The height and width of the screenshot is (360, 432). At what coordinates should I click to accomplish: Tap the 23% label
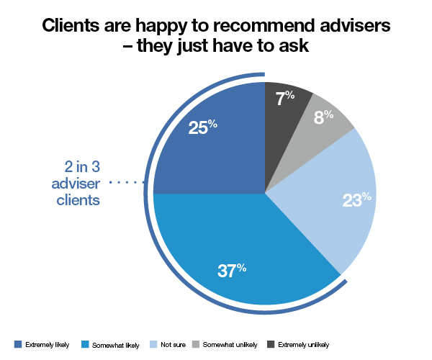click(356, 199)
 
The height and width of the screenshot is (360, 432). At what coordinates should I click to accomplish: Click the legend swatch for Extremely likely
click(18, 344)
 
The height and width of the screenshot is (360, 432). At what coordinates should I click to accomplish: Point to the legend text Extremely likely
click(48, 344)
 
